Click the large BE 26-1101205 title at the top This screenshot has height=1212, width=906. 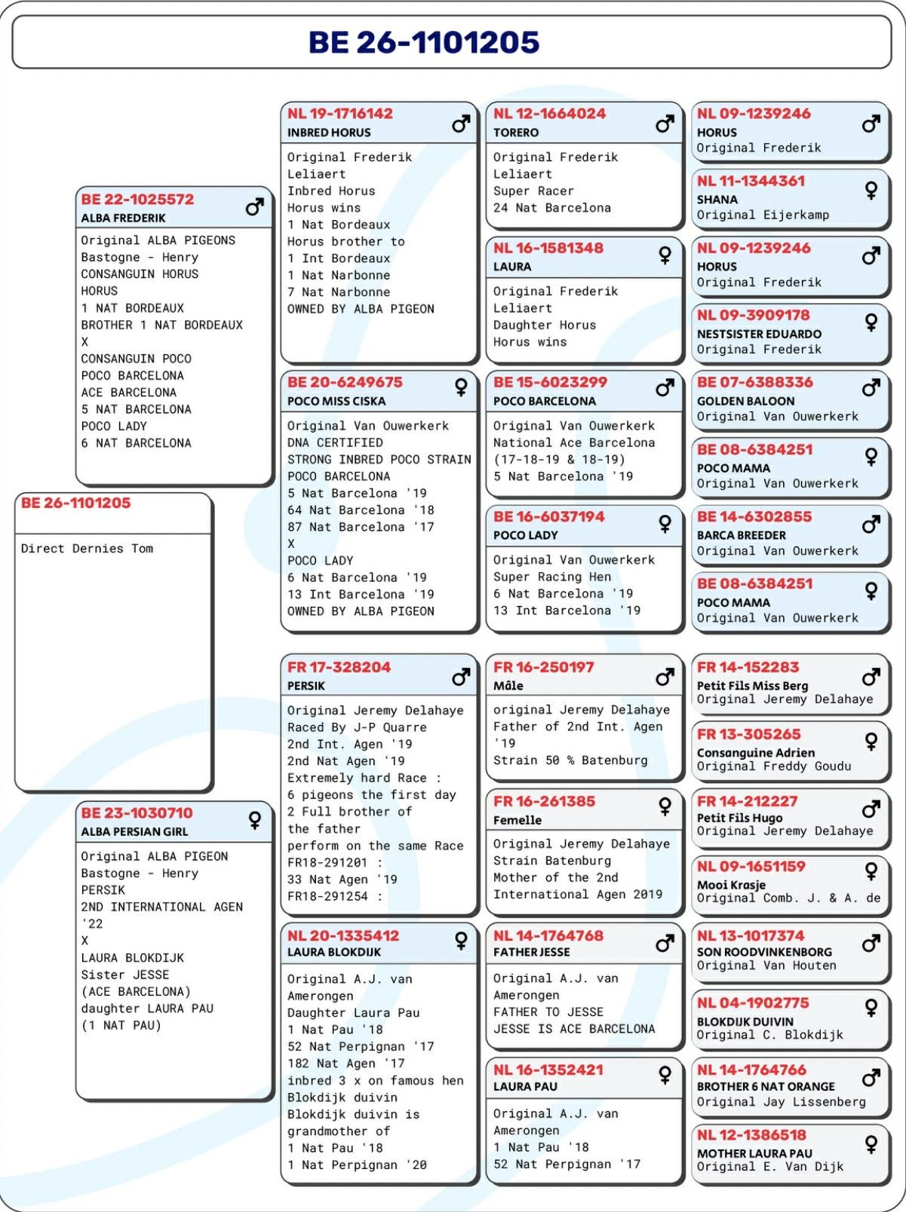pos(424,42)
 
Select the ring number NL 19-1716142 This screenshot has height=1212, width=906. pos(340,114)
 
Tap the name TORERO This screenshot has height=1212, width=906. pos(516,133)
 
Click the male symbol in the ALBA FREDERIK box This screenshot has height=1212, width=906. pos(255,206)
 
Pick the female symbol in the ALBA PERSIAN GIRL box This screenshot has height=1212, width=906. pos(255,820)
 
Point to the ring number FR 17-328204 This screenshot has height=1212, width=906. pos(339,667)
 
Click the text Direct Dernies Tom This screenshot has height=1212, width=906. pos(87,549)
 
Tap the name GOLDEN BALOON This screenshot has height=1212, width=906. pos(745,401)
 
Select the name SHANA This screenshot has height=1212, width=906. pos(717,200)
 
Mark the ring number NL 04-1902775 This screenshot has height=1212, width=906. pos(753,1003)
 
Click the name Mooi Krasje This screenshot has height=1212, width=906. pos(731,885)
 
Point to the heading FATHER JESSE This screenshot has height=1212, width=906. pos(531,952)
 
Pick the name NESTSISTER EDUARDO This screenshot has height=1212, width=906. pos(759,334)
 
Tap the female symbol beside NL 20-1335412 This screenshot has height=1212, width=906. pos(460,940)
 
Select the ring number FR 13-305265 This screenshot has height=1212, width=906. pos(748,734)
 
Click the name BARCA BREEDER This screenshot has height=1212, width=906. pos(741,535)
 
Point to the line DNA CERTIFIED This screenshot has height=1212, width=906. pos(335,442)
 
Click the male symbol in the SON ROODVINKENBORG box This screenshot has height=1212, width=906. pos(871,943)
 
